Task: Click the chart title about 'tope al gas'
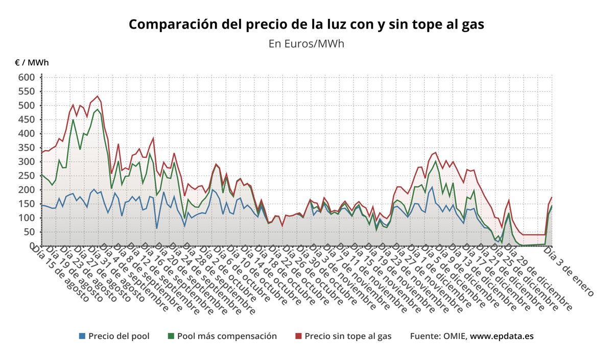coord(306,25)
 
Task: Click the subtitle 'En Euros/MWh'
coord(306,43)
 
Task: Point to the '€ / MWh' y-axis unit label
coord(32,63)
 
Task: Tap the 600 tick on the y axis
coord(27,78)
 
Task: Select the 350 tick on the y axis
coord(27,148)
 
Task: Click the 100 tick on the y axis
coord(27,218)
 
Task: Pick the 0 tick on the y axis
coord(31,246)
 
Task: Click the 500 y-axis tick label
coord(27,106)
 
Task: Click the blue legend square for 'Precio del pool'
coord(82,336)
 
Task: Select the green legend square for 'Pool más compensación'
coord(171,336)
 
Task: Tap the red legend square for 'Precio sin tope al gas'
coord(298,336)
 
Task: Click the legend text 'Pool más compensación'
coord(227,336)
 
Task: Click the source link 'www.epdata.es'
coord(502,336)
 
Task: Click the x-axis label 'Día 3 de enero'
coord(569,271)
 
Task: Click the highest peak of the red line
coord(98,96)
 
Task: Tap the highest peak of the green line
coord(98,109)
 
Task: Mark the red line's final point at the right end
coord(552,197)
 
